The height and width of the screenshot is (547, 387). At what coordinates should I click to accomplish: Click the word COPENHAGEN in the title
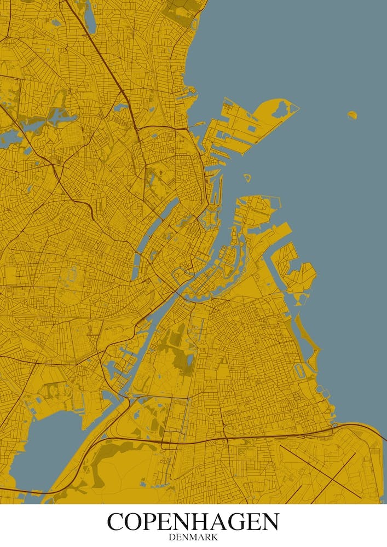pos(193,522)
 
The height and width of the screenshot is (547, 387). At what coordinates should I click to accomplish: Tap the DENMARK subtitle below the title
pos(193,538)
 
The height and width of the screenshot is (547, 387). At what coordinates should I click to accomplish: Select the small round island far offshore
pos(352,115)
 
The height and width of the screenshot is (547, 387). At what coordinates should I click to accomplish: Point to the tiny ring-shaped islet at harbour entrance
pos(247,178)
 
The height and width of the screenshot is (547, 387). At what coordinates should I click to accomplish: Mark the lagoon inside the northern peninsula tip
pos(281,109)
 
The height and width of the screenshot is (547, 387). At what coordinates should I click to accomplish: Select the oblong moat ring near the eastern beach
pos(299,370)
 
